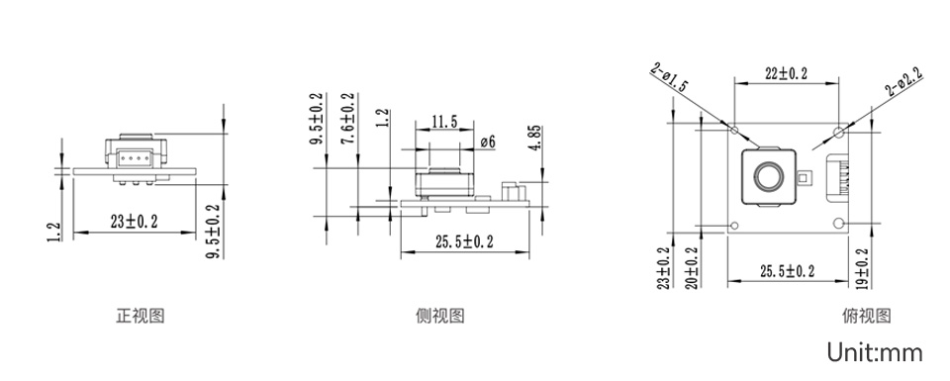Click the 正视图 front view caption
pyautogui.click(x=140, y=317)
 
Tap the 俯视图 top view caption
pyautogui.click(x=867, y=317)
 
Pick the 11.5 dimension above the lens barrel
pyautogui.click(x=444, y=122)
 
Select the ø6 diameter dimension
pyautogui.click(x=487, y=143)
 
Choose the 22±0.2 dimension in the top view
pyautogui.click(x=787, y=74)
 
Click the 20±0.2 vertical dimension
pyautogui.click(x=692, y=267)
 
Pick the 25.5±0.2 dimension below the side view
pyautogui.click(x=465, y=241)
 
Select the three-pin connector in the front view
pyautogui.click(x=131, y=155)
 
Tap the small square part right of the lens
pyautogui.click(x=804, y=179)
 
